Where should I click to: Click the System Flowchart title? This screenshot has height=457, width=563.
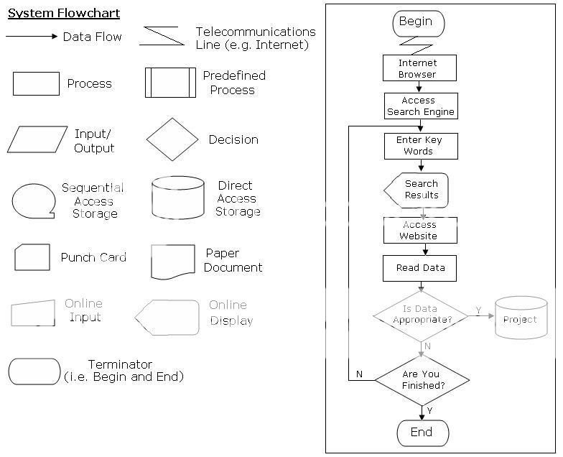(x=64, y=13)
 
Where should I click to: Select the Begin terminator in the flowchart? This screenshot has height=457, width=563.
(x=418, y=23)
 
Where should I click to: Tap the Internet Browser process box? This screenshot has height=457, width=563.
(x=418, y=68)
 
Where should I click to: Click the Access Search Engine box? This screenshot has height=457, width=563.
(x=419, y=106)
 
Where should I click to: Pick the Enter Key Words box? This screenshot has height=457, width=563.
(x=419, y=146)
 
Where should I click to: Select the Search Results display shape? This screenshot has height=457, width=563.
(x=417, y=190)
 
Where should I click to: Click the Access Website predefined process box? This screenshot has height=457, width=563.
(x=419, y=231)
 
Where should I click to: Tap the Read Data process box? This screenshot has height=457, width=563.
(x=420, y=268)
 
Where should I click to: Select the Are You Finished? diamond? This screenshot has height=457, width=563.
(x=422, y=379)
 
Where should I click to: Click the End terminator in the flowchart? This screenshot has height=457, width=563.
(x=422, y=432)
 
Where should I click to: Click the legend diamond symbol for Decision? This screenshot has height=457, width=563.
(x=172, y=139)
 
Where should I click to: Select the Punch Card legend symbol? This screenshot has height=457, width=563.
(x=32, y=257)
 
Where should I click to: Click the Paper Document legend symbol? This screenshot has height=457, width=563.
(x=172, y=261)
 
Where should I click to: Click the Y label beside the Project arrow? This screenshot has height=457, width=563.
(x=478, y=310)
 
